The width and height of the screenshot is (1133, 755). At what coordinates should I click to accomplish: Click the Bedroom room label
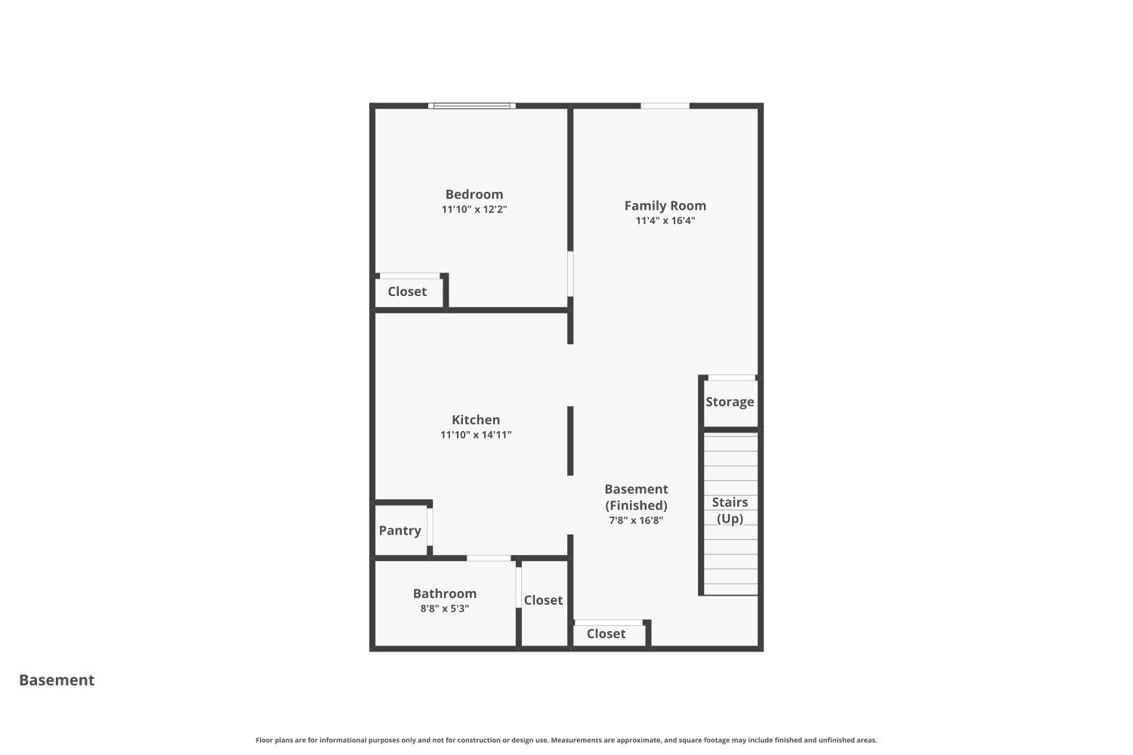tap(474, 194)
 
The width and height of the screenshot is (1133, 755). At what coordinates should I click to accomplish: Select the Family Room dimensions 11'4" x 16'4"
tap(665, 221)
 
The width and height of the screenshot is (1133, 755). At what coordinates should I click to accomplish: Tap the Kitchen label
tap(475, 420)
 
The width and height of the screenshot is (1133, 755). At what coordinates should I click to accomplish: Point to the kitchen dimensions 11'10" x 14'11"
tap(475, 435)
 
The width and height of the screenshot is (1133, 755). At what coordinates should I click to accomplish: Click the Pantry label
tap(400, 531)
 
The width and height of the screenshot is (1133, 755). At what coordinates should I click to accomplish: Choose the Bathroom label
tap(444, 593)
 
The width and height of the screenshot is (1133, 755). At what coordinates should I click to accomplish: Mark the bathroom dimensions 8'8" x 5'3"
tap(444, 609)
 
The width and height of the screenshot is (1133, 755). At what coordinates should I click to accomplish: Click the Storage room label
tap(729, 402)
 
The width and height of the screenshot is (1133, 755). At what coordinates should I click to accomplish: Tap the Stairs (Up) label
tap(729, 510)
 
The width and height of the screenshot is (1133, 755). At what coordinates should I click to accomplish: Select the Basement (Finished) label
tap(636, 497)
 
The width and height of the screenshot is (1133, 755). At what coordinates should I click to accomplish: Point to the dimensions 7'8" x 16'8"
tap(636, 520)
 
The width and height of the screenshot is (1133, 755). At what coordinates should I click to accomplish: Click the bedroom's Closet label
tap(407, 291)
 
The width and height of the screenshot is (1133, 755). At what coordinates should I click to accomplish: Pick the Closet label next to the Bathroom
tap(543, 600)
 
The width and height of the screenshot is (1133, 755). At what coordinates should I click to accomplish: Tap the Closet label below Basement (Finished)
tap(606, 633)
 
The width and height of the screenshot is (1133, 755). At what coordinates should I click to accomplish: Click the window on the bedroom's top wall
tap(472, 106)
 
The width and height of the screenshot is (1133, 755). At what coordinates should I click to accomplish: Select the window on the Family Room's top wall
tap(665, 106)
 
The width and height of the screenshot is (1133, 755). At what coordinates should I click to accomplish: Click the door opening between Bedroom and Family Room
tap(570, 273)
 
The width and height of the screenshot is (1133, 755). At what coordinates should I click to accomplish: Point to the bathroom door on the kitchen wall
tap(488, 558)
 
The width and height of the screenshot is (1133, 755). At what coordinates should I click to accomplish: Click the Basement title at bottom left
tap(57, 680)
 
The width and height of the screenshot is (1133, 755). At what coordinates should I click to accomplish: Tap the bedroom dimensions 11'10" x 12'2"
tap(474, 210)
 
